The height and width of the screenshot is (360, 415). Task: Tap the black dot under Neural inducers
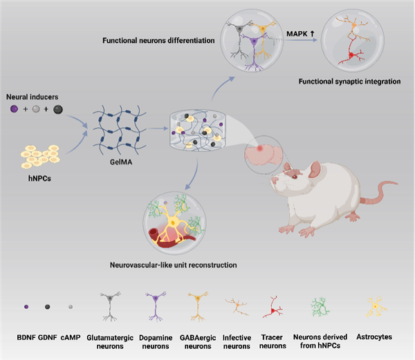(x=57, y=109)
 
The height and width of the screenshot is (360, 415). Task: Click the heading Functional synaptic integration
(x=350, y=82)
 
